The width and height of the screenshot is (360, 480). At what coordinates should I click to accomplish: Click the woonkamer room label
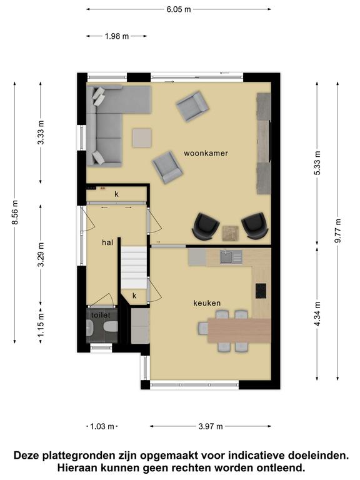coord(206,153)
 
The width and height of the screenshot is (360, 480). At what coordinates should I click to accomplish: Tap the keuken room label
coord(207,303)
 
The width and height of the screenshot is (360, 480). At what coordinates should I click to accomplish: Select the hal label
coord(107,242)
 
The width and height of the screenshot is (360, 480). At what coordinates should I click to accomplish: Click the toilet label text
coord(101,315)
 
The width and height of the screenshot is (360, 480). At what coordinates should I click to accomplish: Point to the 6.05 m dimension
coord(179,9)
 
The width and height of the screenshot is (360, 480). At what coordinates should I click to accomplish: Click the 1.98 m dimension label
coord(117,36)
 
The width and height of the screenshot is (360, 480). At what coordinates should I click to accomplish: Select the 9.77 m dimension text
coord(337,231)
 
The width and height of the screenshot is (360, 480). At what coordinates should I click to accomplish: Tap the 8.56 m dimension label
coord(15,212)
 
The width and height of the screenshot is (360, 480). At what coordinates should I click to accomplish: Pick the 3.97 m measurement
coord(210,426)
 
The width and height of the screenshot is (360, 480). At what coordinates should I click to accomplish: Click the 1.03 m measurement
coord(102,426)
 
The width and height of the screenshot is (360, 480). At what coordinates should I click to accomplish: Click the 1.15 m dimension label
coord(41,324)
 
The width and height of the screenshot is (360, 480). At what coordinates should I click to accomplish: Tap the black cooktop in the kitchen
coord(261,291)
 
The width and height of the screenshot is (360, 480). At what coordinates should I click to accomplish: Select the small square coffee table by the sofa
coord(142,137)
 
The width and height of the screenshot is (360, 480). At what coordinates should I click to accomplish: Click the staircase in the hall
coord(134,267)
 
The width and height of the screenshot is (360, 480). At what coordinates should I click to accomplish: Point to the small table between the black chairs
coord(231,233)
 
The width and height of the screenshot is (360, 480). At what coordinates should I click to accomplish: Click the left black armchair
coord(206,226)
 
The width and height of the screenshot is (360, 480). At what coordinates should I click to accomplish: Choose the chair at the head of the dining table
coord(203,329)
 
